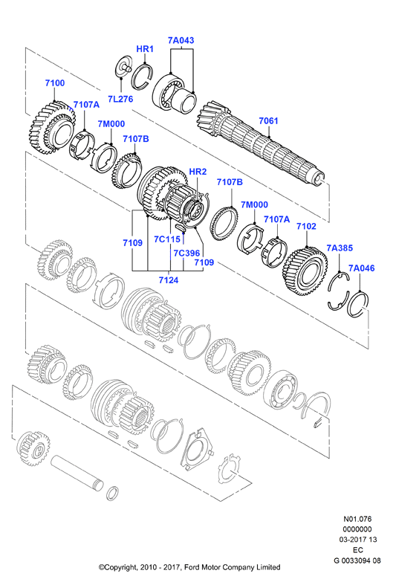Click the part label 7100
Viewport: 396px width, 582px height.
pos(55,83)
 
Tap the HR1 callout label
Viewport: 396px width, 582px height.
pos(145,48)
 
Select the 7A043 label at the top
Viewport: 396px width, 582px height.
pos(181,40)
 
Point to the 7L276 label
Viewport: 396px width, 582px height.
pos(120,99)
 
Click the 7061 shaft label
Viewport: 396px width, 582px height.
pos(268,120)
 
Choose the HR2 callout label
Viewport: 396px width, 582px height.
pos(198,172)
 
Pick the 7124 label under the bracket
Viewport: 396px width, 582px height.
pos(169,280)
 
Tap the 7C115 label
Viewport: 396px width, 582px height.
pos(167,239)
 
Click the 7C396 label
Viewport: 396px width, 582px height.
pos(186,253)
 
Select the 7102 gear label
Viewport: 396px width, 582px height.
pos(306,226)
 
